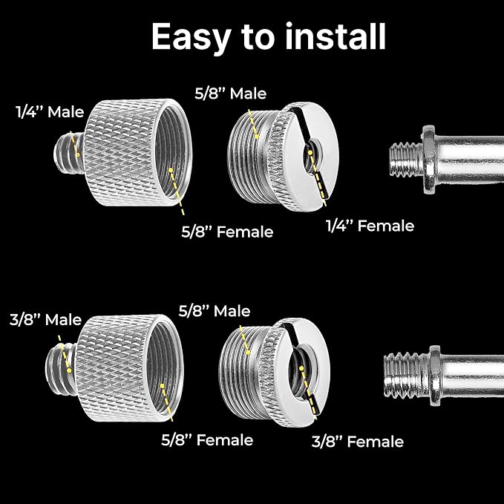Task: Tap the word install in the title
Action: (x=336, y=36)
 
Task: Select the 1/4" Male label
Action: (x=50, y=112)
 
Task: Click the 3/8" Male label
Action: (x=45, y=320)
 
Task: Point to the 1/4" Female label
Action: (x=370, y=226)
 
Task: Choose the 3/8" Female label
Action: (x=358, y=442)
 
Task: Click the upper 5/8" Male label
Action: (x=230, y=94)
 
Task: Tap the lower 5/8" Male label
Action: (x=215, y=311)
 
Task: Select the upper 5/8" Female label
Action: (x=227, y=232)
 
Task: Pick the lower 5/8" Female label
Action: (x=207, y=439)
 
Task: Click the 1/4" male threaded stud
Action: (x=69, y=154)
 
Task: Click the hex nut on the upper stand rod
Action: (x=429, y=160)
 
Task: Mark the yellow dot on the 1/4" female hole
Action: (x=310, y=152)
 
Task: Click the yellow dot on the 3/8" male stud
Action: (x=69, y=370)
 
